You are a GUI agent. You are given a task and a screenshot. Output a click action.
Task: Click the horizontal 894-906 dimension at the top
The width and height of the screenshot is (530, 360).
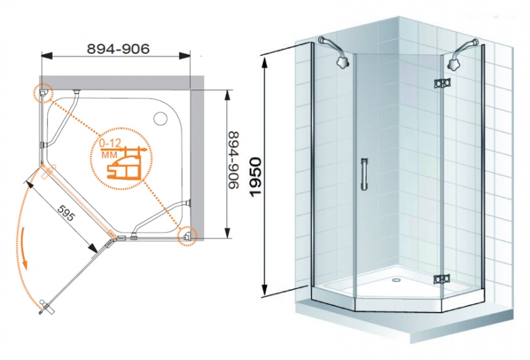118,50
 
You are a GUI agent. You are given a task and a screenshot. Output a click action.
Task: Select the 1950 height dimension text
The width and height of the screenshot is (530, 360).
257,176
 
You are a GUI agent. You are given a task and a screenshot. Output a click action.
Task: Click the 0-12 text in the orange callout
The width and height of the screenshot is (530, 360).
110,143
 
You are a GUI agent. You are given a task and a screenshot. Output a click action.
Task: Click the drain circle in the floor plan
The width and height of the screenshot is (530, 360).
160,118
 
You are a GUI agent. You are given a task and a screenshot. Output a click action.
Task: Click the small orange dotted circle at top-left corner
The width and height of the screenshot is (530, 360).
44,93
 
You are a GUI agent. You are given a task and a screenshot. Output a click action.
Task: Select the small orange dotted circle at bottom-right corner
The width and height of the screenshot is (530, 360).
187,235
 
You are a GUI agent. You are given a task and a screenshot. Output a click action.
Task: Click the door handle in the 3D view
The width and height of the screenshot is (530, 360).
364,174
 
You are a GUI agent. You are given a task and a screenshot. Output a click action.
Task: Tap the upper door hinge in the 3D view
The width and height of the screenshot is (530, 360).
442,83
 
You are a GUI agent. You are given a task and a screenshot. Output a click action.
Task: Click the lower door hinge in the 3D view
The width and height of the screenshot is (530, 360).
442,279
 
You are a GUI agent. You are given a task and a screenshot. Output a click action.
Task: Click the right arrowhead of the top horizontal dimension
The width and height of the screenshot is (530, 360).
184,56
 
